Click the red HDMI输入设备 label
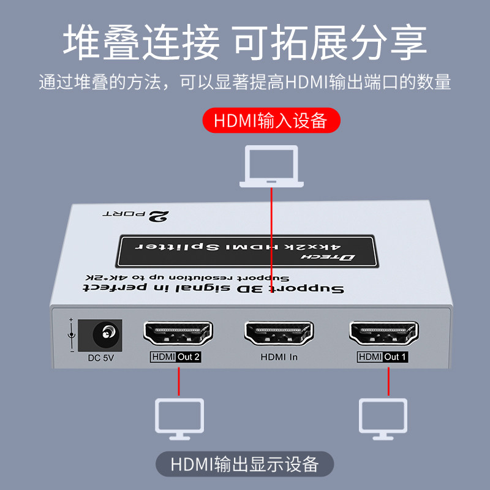point(271,120)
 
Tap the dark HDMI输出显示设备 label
point(245,464)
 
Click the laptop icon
point(271,165)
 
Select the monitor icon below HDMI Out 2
point(179,419)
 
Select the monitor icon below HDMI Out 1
point(383,419)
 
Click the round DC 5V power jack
point(105,334)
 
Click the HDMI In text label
point(279,357)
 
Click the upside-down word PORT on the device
point(123,214)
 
